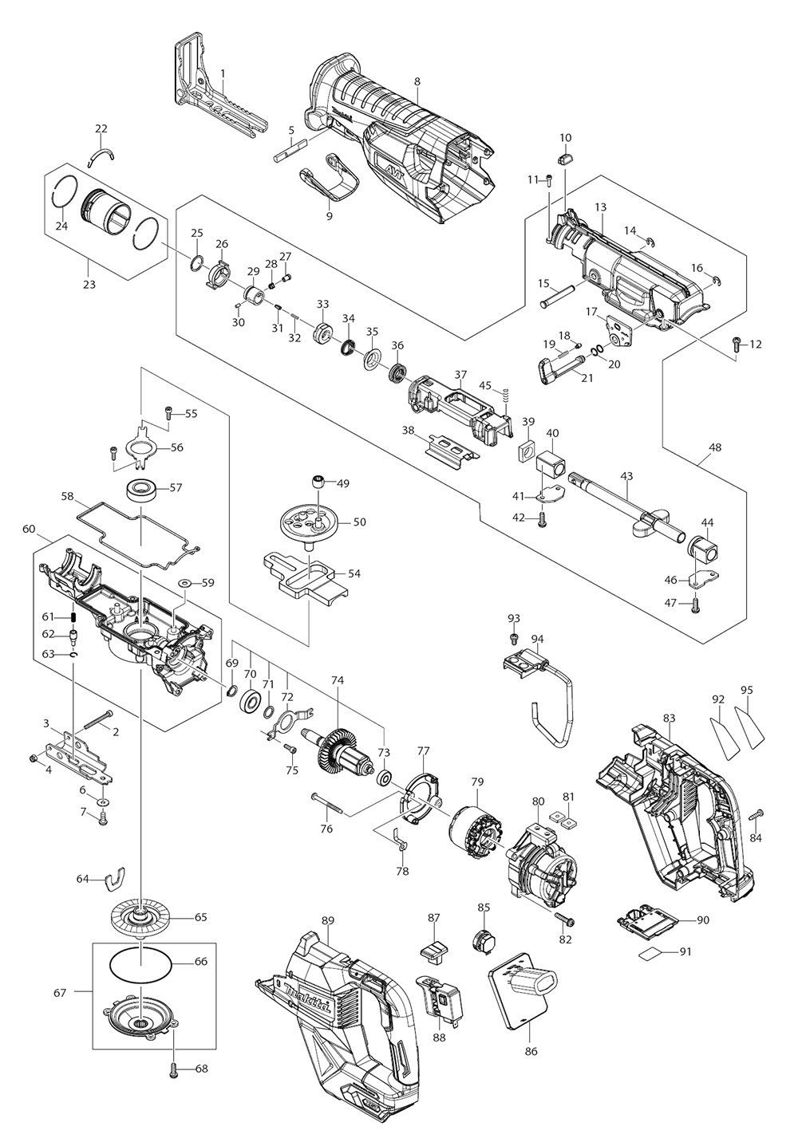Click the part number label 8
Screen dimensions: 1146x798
[x=417, y=81]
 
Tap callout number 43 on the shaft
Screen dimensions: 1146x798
[x=626, y=476]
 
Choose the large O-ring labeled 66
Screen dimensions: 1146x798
[x=141, y=962]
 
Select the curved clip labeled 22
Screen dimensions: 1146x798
[x=102, y=150]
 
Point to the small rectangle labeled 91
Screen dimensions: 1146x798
[x=652, y=953]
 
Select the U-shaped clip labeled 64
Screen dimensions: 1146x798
[x=117, y=879]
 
